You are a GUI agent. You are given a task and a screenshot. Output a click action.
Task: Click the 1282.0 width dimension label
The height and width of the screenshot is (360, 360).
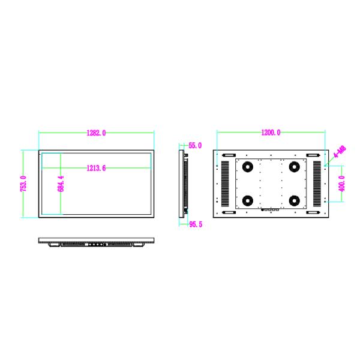(96, 133)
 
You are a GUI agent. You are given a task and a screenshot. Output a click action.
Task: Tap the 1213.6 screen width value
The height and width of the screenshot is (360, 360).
(96, 169)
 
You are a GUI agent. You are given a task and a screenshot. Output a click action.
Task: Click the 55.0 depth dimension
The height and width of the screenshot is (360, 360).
(196, 145)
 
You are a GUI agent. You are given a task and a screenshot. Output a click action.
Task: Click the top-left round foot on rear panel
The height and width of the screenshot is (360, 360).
(246, 167)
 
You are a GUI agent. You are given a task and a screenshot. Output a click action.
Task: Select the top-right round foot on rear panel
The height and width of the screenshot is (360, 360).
(294, 167)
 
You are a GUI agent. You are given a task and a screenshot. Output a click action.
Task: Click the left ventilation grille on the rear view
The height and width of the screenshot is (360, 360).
(225, 184)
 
